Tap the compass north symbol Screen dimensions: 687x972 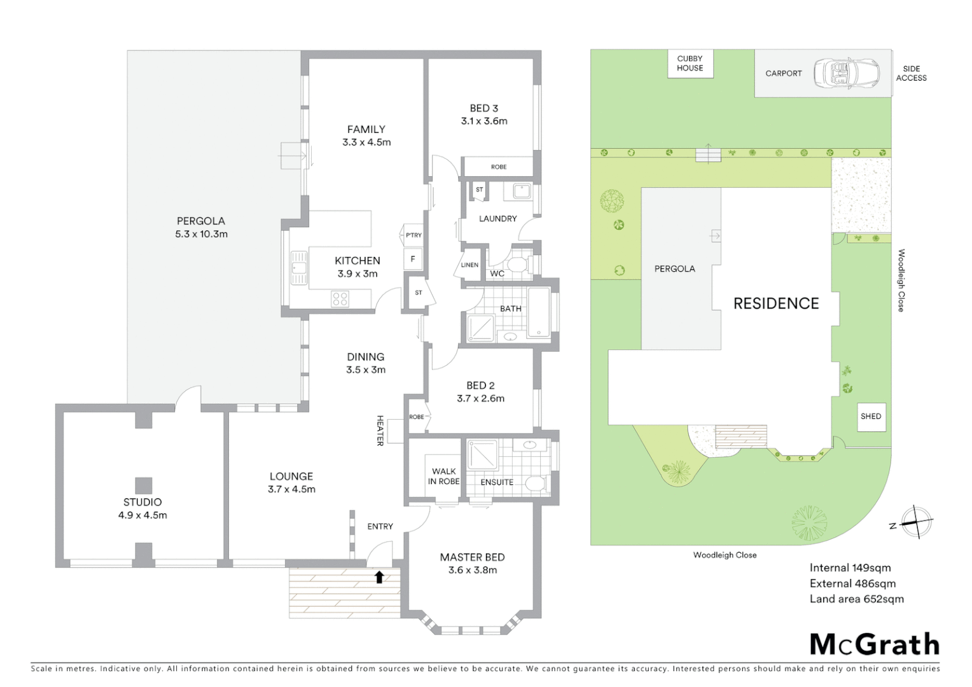915,522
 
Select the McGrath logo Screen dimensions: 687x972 874,644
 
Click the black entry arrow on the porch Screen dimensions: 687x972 379,577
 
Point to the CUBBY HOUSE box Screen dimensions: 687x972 690,64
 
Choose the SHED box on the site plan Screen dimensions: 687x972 871,417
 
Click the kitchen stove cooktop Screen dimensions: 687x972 340,299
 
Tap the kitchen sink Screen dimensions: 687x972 298,267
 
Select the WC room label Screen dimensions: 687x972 497,274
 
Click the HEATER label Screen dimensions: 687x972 380,431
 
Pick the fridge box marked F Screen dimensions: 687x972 413,259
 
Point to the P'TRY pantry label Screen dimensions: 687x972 413,235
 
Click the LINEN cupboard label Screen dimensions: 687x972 469,265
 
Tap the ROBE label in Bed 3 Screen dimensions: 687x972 499,167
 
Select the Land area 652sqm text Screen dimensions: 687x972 856,599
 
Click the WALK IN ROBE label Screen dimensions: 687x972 443,476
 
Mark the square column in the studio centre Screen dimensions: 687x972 143,485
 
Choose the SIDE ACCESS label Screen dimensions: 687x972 911,73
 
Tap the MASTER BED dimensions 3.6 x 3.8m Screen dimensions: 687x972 472,571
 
